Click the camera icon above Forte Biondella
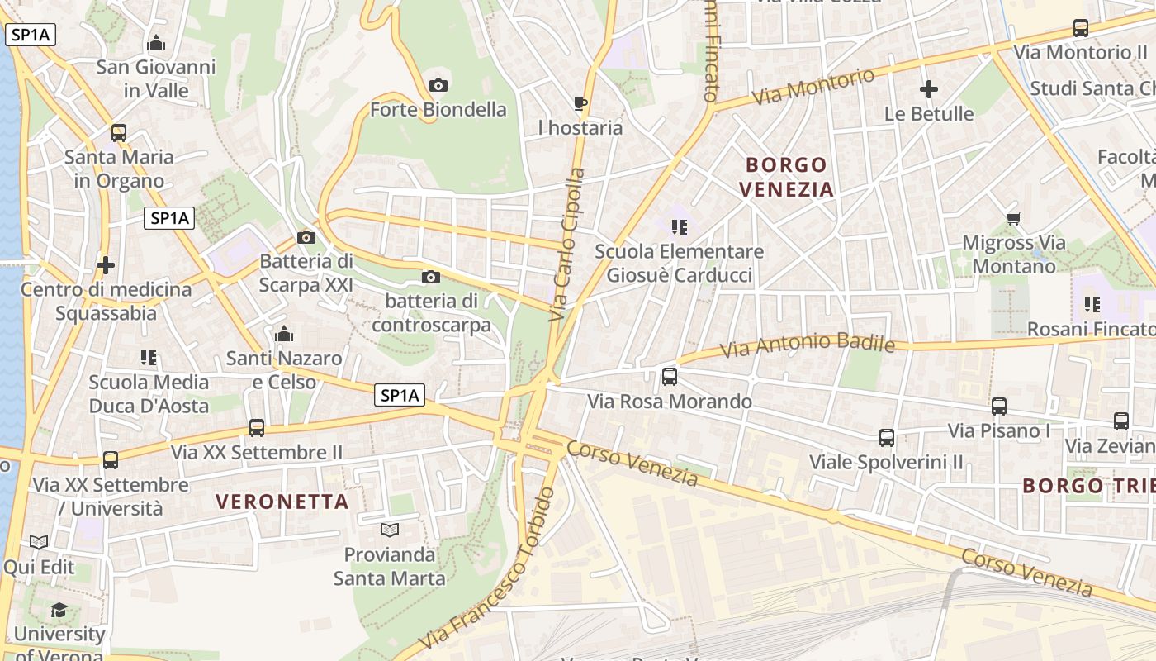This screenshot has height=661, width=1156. pyautogui.click(x=438, y=85)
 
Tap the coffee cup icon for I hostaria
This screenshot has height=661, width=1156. pyautogui.click(x=580, y=104)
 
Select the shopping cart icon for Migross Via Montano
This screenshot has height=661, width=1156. pyautogui.click(x=1014, y=219)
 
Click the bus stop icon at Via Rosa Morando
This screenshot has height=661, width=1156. pyautogui.click(x=670, y=377)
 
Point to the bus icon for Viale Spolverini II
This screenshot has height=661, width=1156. pyautogui.click(x=887, y=437)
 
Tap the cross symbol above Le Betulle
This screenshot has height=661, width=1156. pyautogui.click(x=929, y=89)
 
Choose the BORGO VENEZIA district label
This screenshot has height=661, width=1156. pyautogui.click(x=786, y=177)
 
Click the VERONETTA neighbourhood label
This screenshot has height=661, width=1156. pyautogui.click(x=282, y=502)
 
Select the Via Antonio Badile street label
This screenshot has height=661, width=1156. pyautogui.click(x=807, y=345)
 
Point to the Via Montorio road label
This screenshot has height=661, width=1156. pyautogui.click(x=813, y=87)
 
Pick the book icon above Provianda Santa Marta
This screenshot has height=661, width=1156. pyautogui.click(x=389, y=529)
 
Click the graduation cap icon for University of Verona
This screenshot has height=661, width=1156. pyautogui.click(x=59, y=611)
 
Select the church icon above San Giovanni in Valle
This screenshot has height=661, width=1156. pyautogui.click(x=156, y=43)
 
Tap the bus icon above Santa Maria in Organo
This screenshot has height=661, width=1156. pyautogui.click(x=119, y=132)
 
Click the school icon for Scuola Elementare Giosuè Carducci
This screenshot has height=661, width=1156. pyautogui.click(x=679, y=226)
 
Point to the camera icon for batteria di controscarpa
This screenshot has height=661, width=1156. pyautogui.click(x=431, y=278)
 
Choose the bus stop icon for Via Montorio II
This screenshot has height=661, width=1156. pyautogui.click(x=1081, y=28)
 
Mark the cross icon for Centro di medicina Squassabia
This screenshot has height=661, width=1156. pyautogui.click(x=106, y=265)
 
